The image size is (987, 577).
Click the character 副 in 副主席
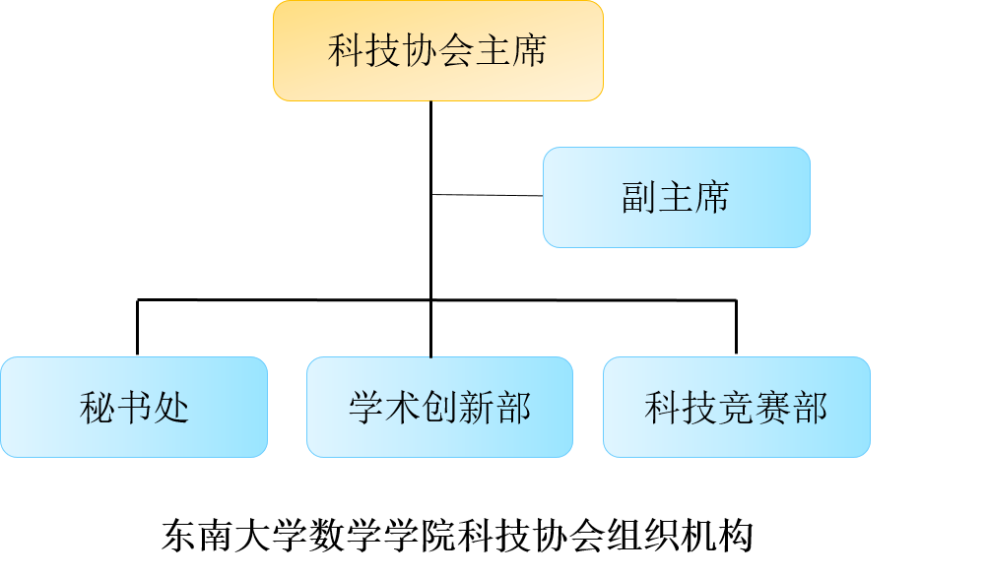pos(639,198)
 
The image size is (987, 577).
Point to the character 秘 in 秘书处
pos(97,408)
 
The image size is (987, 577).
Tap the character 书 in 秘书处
pos(134,408)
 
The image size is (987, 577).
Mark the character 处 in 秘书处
pos(170,408)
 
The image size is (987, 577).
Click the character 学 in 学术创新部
pos(365,408)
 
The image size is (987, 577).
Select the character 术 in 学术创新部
pos(403,408)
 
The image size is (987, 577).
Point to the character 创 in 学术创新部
pos(439,408)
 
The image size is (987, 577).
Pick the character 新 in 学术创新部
pos(477,408)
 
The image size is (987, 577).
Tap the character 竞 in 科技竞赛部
pos(736,408)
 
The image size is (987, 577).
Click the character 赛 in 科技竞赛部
pos(773,408)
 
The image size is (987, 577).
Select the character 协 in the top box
pos(420,51)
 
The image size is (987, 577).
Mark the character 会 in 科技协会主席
pos(456,51)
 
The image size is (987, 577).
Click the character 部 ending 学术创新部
pos(513,408)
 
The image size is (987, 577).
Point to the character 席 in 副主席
pos(712,198)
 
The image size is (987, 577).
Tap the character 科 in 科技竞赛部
pos(662,408)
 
